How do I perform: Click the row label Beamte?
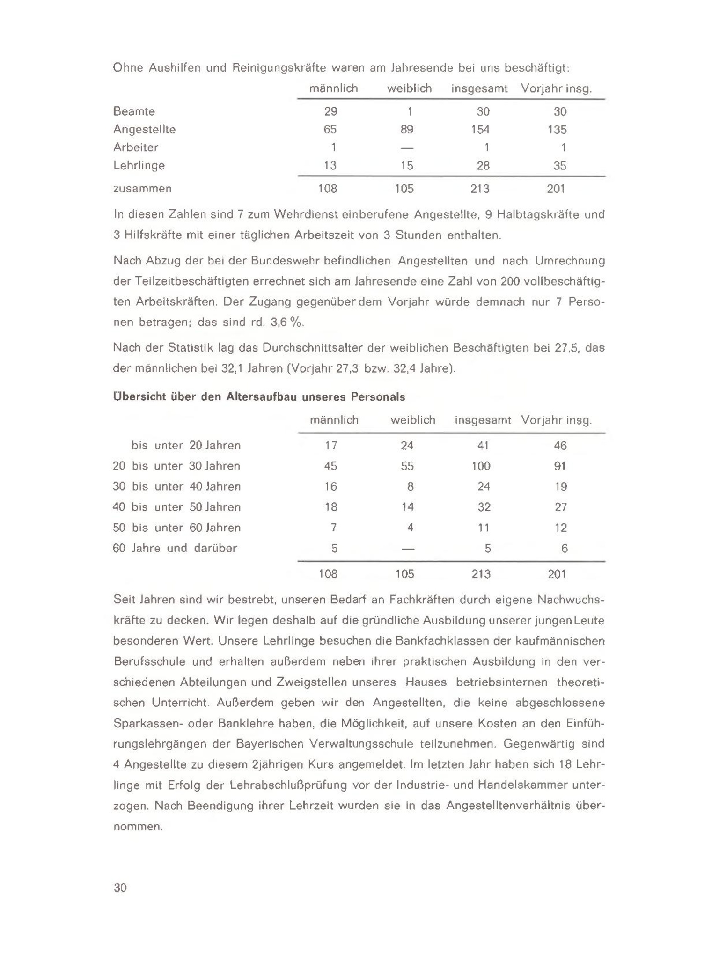click(134, 111)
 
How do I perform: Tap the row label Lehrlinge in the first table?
click(139, 166)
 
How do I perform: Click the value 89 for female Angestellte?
click(407, 130)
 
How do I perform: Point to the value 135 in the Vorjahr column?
click(557, 130)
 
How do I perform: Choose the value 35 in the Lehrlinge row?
click(560, 166)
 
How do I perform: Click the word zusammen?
click(142, 189)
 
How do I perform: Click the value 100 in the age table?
click(481, 466)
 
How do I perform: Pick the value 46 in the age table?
click(560, 446)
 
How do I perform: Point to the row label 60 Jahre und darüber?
click(175, 548)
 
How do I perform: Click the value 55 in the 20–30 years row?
click(407, 466)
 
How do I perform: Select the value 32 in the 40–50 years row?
click(484, 507)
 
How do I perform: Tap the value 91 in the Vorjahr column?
click(560, 466)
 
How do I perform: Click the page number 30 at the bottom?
click(120, 888)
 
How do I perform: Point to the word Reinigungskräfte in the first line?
click(279, 68)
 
